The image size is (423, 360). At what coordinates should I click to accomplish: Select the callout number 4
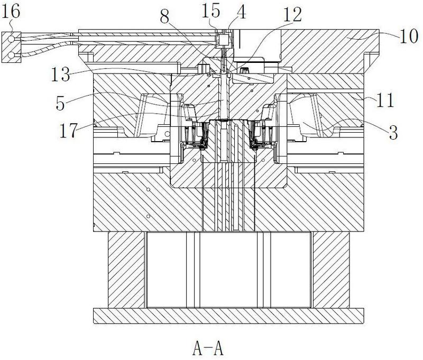[x=241, y=12]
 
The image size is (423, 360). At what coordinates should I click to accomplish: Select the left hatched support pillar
[x=126, y=270]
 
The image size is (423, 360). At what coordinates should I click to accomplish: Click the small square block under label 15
[x=224, y=39]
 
